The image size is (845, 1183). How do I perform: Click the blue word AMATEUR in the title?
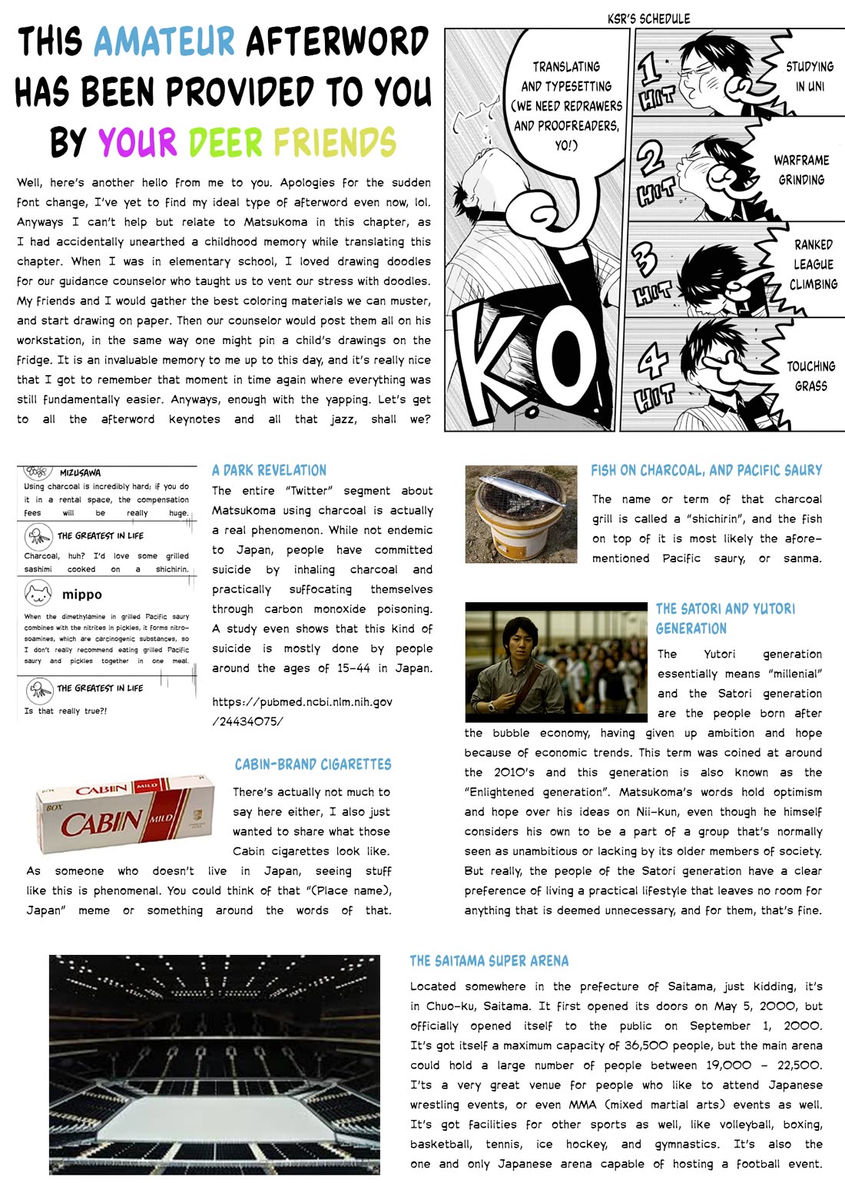click(x=164, y=41)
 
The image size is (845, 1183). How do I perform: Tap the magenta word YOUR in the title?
click(x=138, y=142)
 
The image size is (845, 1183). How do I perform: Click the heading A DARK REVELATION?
click(x=269, y=470)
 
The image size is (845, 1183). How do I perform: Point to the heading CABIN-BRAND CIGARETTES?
click(x=313, y=764)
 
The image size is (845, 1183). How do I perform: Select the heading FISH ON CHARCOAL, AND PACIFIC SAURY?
click(x=706, y=470)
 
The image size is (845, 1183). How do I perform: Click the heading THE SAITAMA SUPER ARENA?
click(x=489, y=961)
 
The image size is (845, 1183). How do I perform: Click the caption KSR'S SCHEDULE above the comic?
click(x=648, y=18)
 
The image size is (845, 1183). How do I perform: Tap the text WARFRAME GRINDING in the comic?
click(x=801, y=170)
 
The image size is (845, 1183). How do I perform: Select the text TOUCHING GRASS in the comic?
click(x=810, y=376)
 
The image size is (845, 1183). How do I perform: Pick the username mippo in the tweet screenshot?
click(x=81, y=595)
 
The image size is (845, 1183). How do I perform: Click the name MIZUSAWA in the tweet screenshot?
click(x=80, y=473)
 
